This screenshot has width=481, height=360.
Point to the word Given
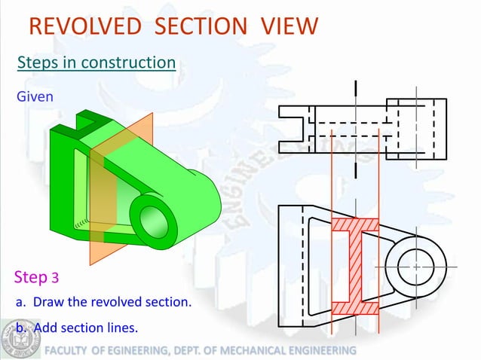(x=35, y=97)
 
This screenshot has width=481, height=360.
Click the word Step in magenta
(x=31, y=277)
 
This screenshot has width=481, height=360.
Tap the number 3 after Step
(x=55, y=279)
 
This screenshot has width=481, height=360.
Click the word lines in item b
(x=121, y=328)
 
